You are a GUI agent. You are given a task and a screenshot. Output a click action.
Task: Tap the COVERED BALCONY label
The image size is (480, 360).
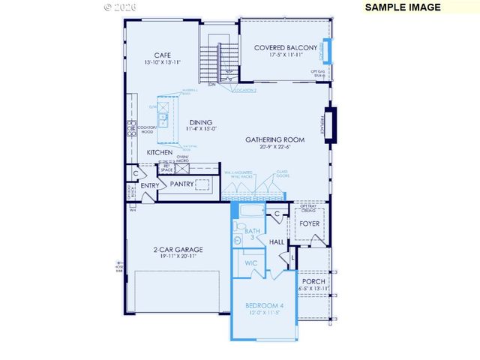pos(285,47)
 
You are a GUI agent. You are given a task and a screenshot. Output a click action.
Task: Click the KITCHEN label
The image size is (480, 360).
pos(160,152)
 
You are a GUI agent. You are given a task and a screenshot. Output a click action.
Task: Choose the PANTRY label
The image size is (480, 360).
pos(182,184)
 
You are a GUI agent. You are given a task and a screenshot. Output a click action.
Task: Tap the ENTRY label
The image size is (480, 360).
pos(150,186)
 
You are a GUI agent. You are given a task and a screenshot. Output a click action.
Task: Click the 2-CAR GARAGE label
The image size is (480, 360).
pos(178,250)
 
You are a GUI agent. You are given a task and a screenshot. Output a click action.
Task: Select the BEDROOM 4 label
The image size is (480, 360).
pos(265,305)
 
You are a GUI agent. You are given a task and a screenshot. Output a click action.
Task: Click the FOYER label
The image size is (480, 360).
pos(310,223)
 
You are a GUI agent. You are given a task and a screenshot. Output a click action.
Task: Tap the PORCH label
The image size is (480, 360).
pos(313,281)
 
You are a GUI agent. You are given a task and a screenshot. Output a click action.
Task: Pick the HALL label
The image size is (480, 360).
pos(277,242)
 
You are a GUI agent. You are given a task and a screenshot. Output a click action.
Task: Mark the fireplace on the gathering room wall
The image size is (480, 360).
pos(328,124)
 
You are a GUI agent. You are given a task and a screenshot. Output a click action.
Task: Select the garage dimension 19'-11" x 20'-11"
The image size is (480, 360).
pos(178,257)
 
